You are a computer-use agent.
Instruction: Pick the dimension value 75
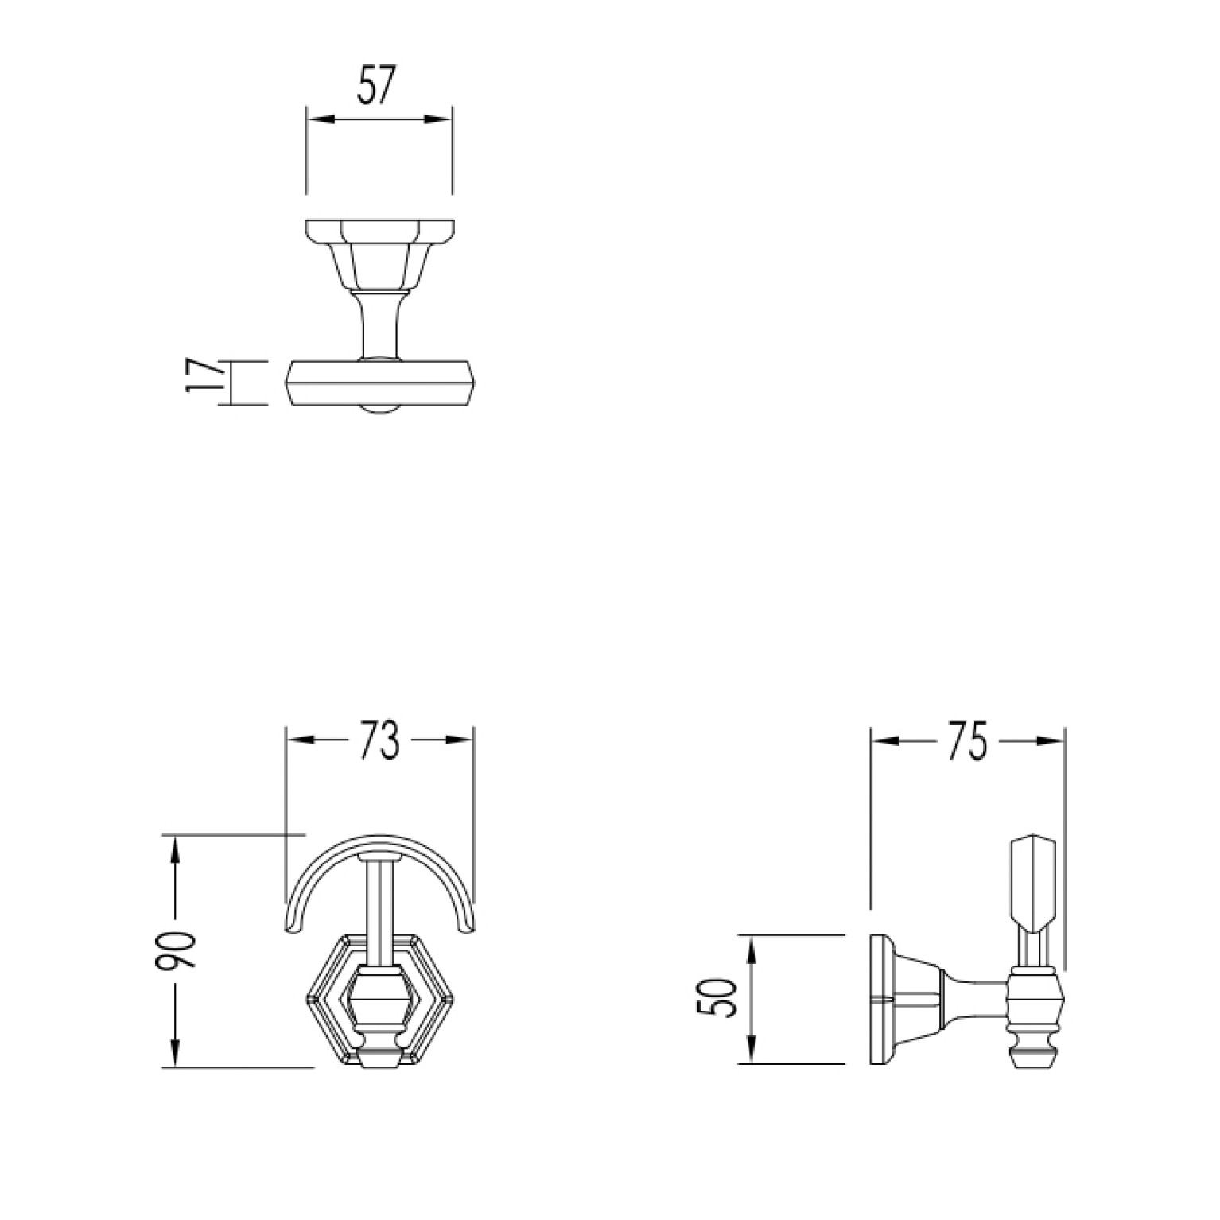[966, 741]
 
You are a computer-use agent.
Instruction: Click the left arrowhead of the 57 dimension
[320, 119]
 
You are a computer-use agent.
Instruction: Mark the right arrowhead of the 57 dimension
[438, 119]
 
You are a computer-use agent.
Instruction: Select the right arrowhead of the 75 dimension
[1049, 740]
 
